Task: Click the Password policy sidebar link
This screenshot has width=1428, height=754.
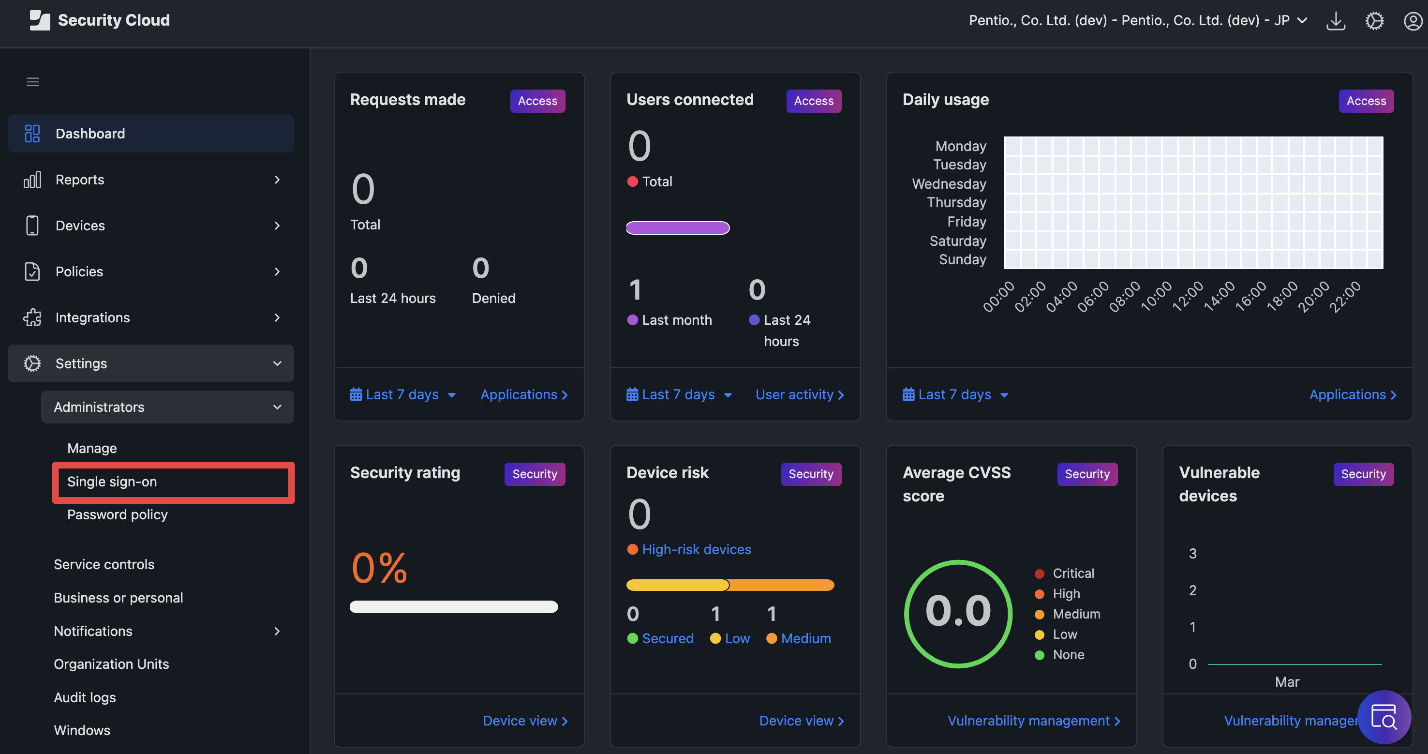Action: [117, 514]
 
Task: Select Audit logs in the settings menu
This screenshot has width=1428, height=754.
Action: [85, 697]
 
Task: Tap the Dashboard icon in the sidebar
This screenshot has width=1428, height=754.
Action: [32, 134]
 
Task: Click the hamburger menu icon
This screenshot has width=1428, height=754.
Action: [33, 82]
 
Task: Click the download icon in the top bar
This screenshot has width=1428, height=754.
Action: [1336, 21]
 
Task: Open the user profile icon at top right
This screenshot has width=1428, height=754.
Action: [1413, 21]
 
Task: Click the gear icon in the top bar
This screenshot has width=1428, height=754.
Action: [1374, 21]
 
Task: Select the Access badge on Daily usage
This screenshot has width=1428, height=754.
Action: [1366, 101]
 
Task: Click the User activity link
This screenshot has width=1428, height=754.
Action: [799, 394]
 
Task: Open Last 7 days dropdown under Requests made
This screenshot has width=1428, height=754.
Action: [403, 394]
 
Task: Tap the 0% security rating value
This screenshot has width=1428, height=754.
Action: [380, 568]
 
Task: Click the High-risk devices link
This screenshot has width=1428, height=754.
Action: [696, 549]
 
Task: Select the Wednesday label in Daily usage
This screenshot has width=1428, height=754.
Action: [949, 183]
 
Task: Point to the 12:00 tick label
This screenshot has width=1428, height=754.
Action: [1188, 296]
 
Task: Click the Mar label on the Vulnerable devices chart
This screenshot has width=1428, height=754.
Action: [1287, 681]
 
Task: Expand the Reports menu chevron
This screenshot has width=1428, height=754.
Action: [277, 180]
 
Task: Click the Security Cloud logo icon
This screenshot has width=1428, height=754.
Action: [39, 20]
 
